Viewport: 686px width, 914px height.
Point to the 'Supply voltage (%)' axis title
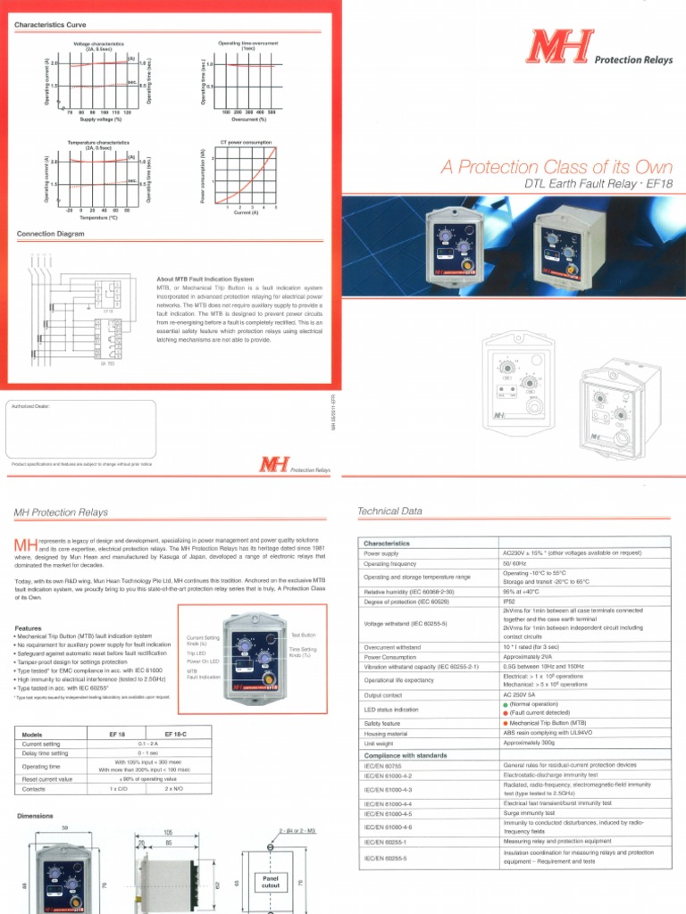pyautogui.click(x=100, y=118)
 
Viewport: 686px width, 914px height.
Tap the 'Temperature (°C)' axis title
pyautogui.click(x=100, y=216)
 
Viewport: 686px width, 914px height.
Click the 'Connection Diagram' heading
pyautogui.click(x=51, y=234)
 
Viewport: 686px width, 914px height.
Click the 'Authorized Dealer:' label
pyautogui.click(x=31, y=405)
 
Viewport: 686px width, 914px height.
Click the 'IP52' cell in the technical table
pyautogui.click(x=510, y=602)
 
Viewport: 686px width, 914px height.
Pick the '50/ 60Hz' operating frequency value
pyautogui.click(x=515, y=564)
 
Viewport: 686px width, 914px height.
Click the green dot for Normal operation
pyautogui.click(x=505, y=704)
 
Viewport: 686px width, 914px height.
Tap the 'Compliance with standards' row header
pyautogui.click(x=406, y=755)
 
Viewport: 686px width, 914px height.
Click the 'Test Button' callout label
pyautogui.click(x=304, y=635)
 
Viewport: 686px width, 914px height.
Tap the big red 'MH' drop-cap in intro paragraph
pyautogui.click(x=26, y=545)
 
